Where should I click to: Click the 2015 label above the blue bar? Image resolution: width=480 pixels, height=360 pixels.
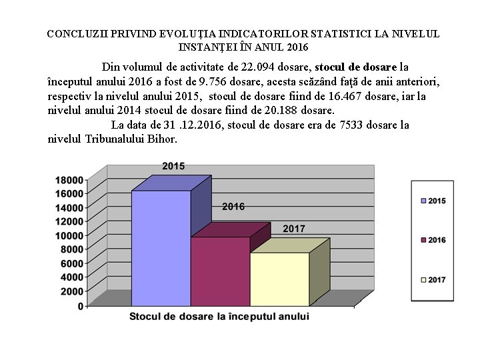(x=173, y=165)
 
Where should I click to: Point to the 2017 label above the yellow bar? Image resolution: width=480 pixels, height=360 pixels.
(x=294, y=229)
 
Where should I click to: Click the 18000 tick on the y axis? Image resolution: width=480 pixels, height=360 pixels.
(x=70, y=179)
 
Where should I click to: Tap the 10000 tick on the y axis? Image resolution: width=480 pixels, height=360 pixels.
(x=70, y=235)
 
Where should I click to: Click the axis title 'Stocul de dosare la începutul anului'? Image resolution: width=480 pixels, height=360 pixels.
(x=219, y=317)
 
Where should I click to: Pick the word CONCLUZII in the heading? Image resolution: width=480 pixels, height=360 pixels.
(x=75, y=33)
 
